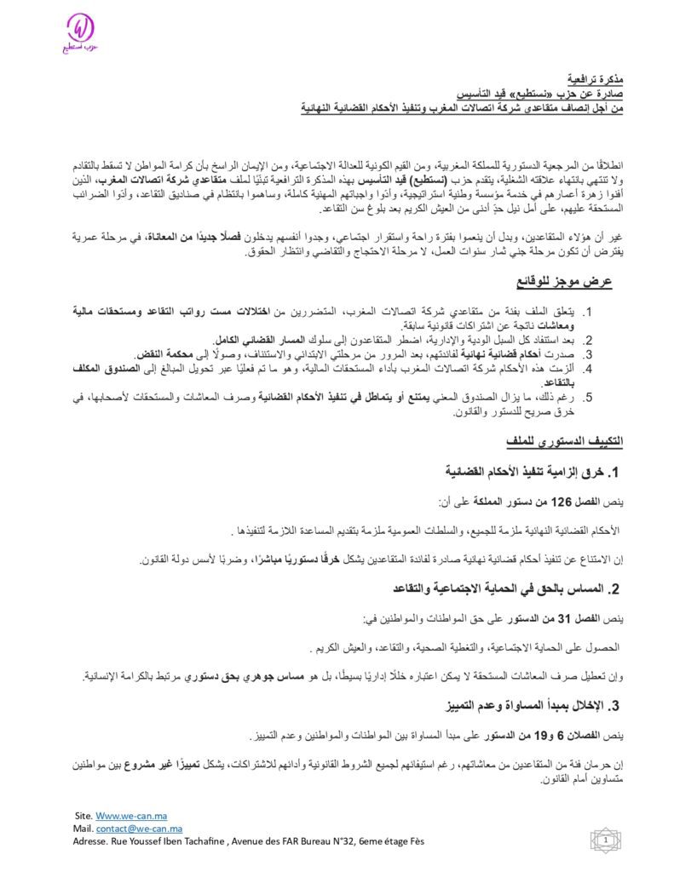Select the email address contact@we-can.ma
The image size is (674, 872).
137,829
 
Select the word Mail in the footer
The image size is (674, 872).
83,829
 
